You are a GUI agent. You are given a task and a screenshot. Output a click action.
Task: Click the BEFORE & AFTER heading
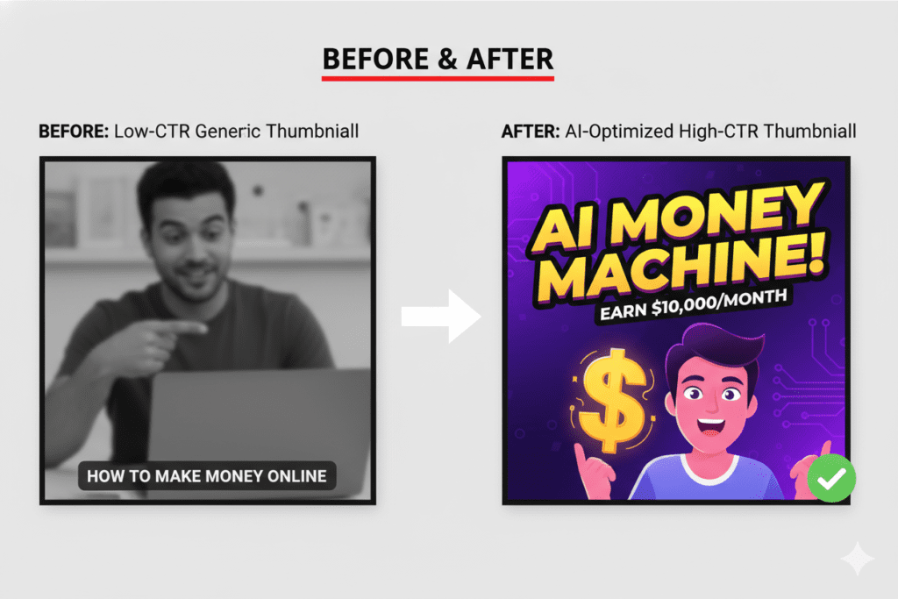(x=438, y=59)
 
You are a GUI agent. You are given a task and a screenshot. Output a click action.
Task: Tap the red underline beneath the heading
(x=438, y=78)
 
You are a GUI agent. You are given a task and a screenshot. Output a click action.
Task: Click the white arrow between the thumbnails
(x=441, y=317)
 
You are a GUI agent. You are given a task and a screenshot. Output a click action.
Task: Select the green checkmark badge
(x=830, y=478)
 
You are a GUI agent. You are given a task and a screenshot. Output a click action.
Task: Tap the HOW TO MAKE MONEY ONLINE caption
(x=207, y=476)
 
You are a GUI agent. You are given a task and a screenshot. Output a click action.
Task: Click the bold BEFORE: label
(x=72, y=132)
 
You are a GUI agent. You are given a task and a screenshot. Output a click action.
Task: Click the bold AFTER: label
(x=528, y=132)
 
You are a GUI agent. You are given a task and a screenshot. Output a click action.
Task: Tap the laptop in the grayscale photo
(x=259, y=421)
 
